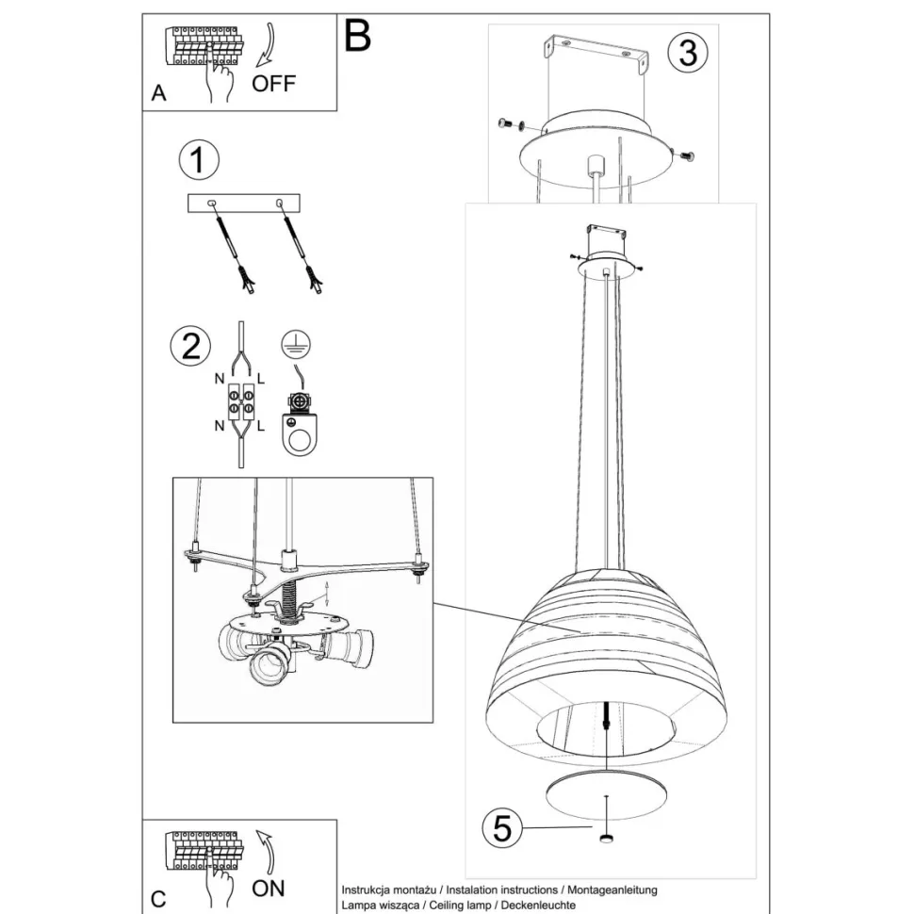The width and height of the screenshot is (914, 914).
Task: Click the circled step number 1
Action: point(197,160)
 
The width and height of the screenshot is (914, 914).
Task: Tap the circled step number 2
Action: point(190,346)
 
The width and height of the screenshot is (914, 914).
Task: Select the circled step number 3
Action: point(687,53)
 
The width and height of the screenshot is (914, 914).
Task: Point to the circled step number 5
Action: point(502,828)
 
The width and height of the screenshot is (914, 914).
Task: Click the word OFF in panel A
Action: point(273,84)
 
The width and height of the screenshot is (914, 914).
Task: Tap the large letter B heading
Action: point(358,36)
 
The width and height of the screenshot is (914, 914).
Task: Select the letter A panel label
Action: point(158,93)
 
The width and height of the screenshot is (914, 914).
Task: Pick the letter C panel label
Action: point(158,898)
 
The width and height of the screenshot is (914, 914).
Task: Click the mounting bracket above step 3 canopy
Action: point(594,57)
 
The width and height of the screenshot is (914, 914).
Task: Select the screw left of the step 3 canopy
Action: point(511,123)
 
